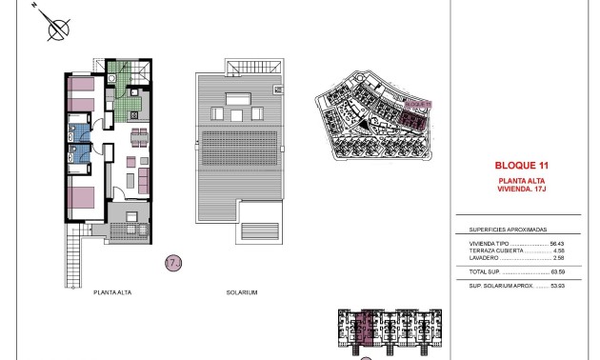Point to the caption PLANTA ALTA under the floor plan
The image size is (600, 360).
tap(112, 291)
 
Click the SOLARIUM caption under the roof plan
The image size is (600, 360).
tap(244, 291)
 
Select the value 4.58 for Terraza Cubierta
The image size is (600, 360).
tap(561, 250)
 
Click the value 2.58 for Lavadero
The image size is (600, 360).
tap(561, 258)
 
